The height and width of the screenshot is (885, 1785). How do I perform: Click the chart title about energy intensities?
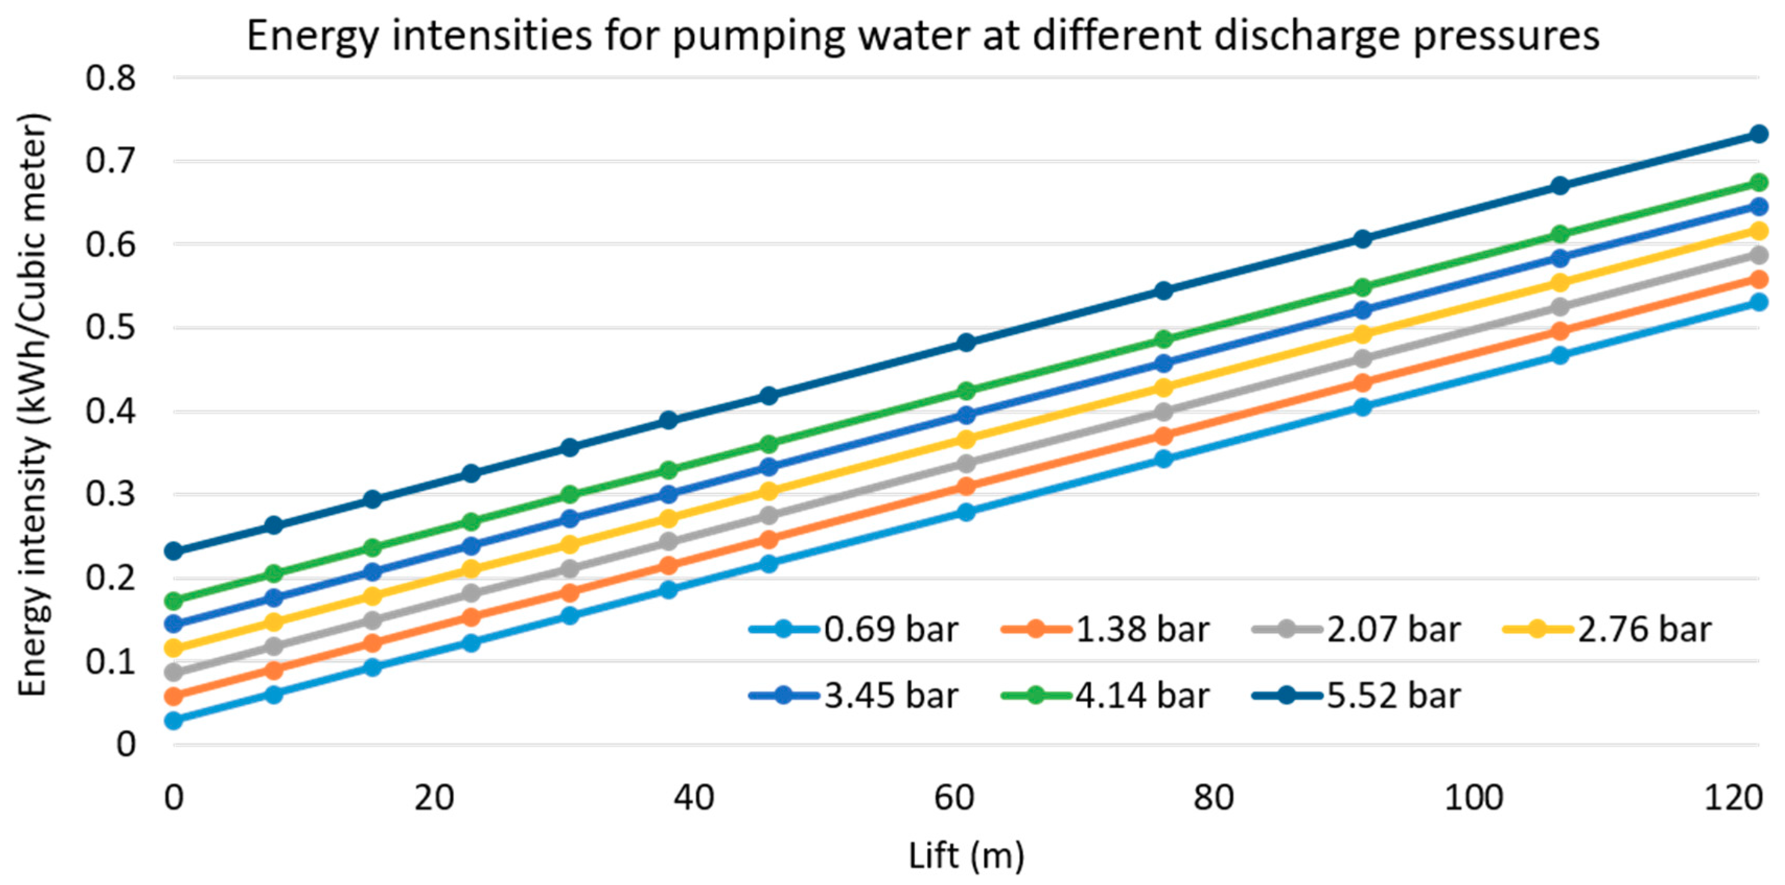923,36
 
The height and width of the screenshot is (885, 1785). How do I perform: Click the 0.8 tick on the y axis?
111,78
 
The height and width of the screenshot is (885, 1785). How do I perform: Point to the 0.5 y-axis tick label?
111,328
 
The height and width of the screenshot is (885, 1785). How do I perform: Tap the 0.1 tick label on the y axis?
111,662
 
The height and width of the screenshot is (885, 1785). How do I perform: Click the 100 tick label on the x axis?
1473,798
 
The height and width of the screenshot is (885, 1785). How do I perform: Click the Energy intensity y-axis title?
32,405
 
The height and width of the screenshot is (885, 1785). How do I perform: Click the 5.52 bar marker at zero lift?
174,551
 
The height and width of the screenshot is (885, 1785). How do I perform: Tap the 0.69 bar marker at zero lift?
174,720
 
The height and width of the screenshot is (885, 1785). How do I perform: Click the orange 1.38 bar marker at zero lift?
174,696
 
